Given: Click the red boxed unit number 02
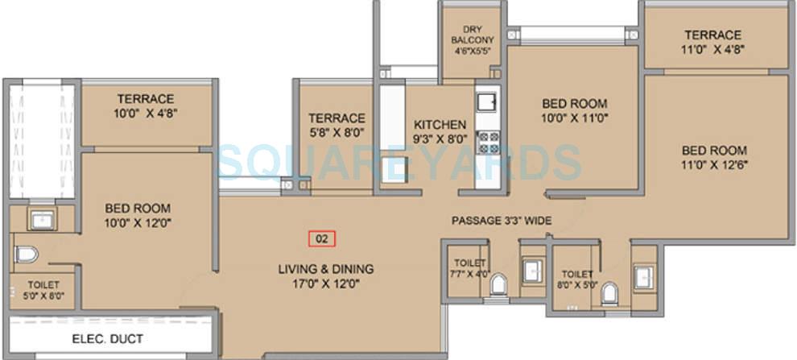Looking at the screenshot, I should click(x=322, y=238).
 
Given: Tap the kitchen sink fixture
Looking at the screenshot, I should click(x=486, y=102).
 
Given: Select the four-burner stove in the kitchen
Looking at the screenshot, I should click(x=487, y=143).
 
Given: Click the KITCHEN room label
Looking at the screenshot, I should click(x=440, y=125).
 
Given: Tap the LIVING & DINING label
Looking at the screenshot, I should click(x=326, y=269).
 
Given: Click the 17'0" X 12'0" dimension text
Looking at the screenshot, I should click(x=326, y=283).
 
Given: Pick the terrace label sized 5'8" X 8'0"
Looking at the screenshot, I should click(x=337, y=125).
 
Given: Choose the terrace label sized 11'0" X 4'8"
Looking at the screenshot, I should click(x=712, y=42).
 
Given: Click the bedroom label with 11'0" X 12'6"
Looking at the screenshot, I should click(x=714, y=157).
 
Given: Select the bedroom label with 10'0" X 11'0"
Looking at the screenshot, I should click(x=574, y=110).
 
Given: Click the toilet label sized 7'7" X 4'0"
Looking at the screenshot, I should click(x=469, y=268).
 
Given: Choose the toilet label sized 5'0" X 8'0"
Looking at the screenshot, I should click(x=40, y=290).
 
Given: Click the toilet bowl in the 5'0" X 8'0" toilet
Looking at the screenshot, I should click(x=27, y=254).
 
